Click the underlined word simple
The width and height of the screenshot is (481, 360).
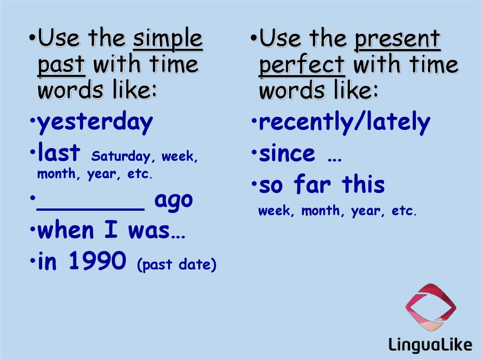tap(168, 39)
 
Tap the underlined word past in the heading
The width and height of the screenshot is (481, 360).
tap(61, 65)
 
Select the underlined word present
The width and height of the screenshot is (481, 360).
tap(397, 39)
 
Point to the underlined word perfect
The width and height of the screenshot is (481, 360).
tap(302, 65)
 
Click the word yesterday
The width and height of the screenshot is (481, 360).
tap(95, 122)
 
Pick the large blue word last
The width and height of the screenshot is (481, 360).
tap(59, 152)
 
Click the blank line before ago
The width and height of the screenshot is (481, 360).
tap(91, 209)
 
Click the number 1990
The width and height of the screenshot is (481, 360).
tap(98, 260)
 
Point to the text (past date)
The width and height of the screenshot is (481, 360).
tap(177, 265)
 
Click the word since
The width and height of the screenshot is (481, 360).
tap(287, 153)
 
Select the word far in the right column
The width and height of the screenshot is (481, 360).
tap(312, 184)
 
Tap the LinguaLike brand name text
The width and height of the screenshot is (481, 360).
tap(430, 345)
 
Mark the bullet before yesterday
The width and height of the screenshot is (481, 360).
tap(32, 120)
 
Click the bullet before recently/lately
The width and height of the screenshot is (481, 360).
tap(254, 120)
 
